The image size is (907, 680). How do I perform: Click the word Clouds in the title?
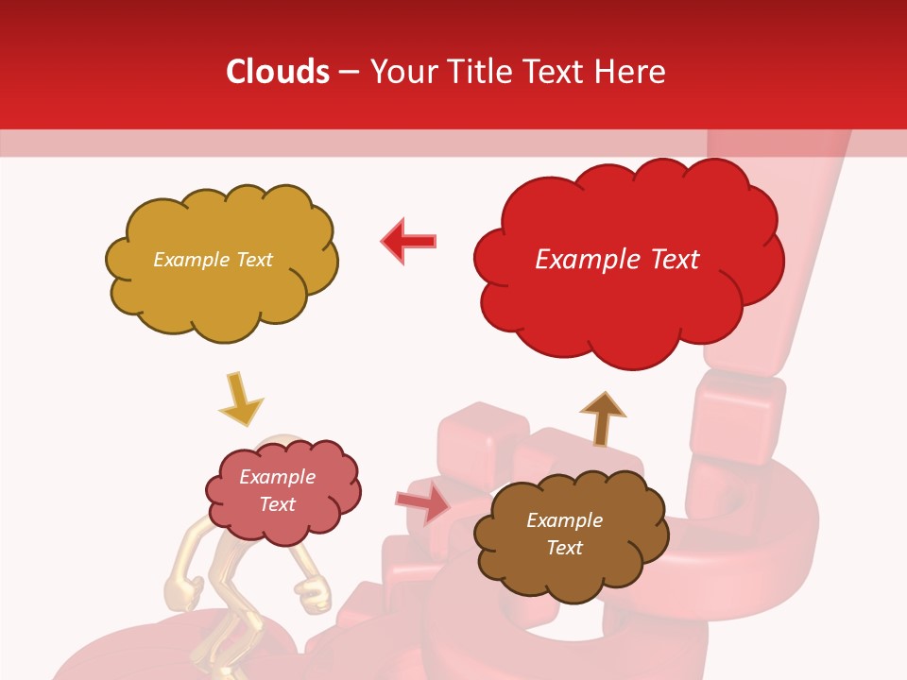277,71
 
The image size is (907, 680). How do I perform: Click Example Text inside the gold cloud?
213,260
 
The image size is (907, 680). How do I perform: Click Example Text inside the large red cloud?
617,260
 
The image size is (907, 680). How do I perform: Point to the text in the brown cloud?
564,534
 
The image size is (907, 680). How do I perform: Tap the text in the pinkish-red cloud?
277,490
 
